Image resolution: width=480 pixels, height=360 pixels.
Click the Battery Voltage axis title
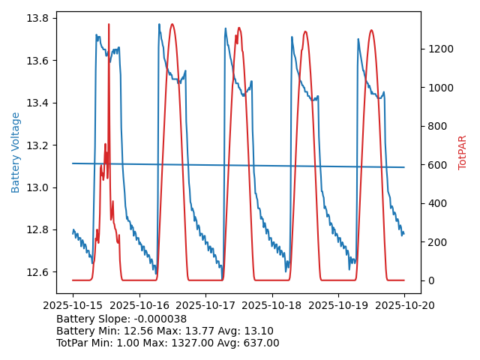coord(16,152)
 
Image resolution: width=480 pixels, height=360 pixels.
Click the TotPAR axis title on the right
coord(463,152)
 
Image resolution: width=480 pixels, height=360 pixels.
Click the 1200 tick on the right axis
coord(439,49)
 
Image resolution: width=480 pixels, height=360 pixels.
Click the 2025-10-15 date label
coord(73,305)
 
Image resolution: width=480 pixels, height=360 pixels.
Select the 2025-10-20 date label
coord(404,305)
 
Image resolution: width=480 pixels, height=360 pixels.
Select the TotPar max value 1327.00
coord(190,343)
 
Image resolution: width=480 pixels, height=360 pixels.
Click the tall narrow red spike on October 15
coord(109,25)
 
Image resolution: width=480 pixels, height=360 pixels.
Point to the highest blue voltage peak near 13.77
coord(159,25)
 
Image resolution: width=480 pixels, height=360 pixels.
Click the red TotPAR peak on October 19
coord(370,31)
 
